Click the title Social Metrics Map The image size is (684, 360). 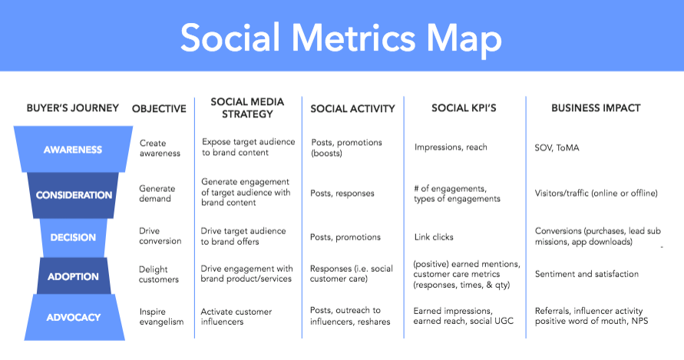coord(341,38)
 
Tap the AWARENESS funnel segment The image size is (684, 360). coord(73,149)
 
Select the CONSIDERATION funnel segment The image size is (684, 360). coord(73,195)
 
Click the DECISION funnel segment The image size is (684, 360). coord(73,237)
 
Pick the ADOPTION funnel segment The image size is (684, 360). coord(73,276)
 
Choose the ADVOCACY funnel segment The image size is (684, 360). coord(74,317)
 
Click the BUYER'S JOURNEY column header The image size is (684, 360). coord(72,107)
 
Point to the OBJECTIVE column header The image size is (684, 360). coord(159,109)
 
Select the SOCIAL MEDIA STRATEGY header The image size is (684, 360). coord(247,107)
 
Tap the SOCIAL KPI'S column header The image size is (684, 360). coord(464,107)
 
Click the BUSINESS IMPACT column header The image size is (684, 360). coord(596,107)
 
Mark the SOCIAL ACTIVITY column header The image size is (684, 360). coord(352,109)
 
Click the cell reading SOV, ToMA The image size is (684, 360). coord(557,148)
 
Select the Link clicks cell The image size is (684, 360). coord(434,237)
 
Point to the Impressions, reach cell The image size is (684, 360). coord(451,147)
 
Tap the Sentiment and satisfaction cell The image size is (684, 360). coord(587,274)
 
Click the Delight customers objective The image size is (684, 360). coord(159,275)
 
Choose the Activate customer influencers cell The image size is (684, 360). coord(236,317)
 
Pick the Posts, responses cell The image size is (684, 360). coord(342,193)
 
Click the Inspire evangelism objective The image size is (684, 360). coord(161,317)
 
